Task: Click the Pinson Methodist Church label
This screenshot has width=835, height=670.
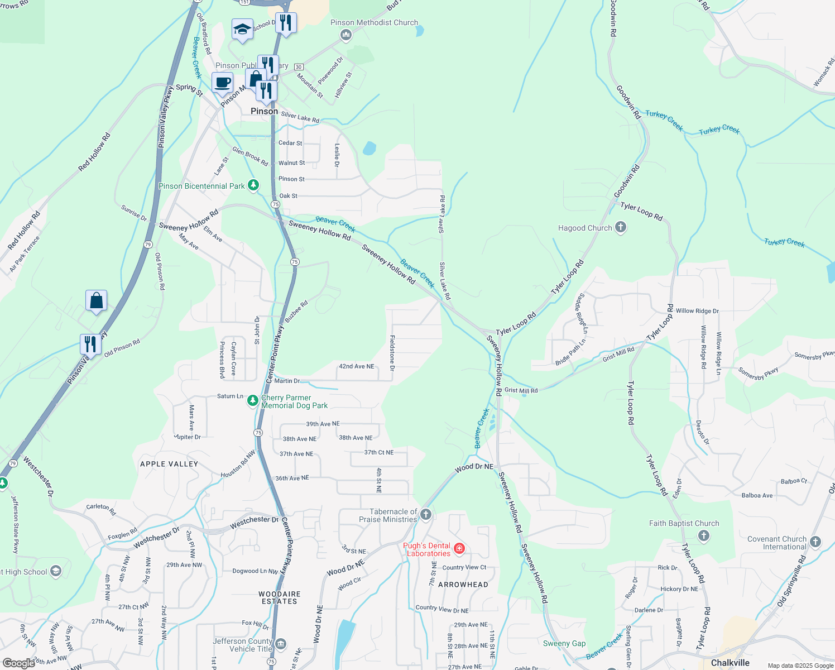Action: [374, 23]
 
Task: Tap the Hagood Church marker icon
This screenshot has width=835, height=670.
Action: [620, 227]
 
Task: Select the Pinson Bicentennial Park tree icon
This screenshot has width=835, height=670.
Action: [253, 185]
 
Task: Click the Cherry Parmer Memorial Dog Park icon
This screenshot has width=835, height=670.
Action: [253, 401]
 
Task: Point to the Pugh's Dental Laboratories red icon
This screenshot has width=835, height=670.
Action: [459, 549]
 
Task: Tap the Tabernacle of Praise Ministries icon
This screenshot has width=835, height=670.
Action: [426, 514]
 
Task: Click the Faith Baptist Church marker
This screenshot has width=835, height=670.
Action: [703, 536]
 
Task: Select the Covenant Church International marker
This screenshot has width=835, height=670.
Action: [815, 542]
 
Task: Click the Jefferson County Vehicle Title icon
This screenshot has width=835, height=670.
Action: [281, 644]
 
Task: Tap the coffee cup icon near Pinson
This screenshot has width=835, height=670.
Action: [222, 83]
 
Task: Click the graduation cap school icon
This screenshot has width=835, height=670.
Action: [242, 29]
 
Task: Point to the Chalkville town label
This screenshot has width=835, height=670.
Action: [730, 663]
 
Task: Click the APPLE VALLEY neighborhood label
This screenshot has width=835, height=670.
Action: [169, 464]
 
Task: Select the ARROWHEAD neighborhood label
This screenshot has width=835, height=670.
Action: [463, 585]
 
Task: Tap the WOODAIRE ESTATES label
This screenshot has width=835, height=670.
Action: [280, 597]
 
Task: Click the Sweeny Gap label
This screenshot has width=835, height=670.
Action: [564, 643]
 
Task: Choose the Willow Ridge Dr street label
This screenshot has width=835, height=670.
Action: [697, 311]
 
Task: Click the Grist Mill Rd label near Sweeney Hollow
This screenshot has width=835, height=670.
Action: [521, 390]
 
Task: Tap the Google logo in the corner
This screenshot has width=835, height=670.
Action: [19, 663]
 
